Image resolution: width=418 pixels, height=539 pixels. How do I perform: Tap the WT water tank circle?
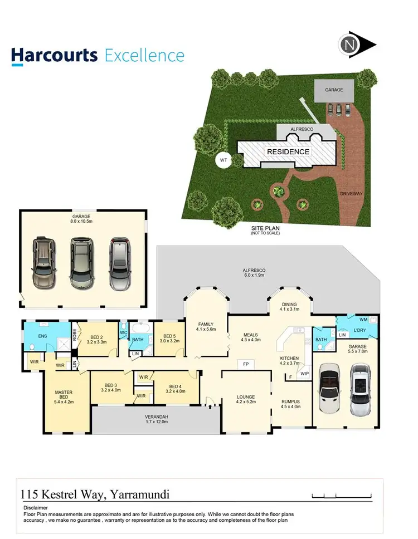223,161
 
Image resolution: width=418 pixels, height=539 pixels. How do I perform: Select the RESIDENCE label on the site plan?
288,151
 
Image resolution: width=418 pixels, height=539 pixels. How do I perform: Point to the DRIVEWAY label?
351,193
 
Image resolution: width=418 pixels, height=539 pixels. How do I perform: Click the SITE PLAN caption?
265,228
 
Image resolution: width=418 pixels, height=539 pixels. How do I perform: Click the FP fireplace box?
246,365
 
